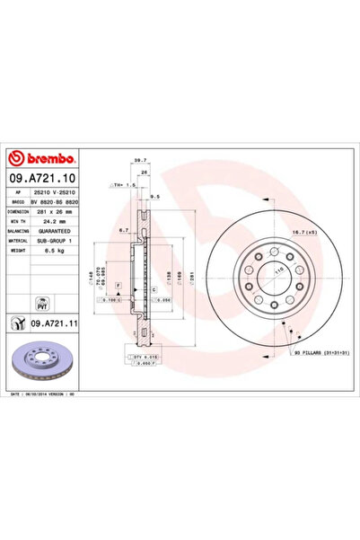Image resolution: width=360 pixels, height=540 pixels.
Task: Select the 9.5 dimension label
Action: click(x=154, y=195)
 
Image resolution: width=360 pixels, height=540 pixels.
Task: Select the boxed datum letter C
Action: click(x=155, y=289)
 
